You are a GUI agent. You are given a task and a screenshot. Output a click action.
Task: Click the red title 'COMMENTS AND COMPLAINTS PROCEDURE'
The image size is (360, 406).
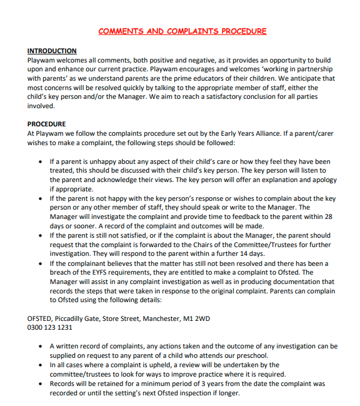point(182,31)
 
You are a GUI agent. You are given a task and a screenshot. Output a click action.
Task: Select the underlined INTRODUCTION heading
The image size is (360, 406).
point(52,51)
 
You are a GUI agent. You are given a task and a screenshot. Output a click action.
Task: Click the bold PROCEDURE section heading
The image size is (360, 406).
point(46,124)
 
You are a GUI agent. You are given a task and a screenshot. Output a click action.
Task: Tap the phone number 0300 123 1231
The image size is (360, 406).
point(50,327)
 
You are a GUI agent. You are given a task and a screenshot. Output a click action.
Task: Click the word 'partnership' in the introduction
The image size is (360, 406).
point(312,69)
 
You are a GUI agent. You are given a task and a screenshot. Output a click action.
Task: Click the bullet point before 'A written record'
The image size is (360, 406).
point(41,346)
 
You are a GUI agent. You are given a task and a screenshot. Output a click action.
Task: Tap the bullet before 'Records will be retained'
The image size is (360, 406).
point(41,383)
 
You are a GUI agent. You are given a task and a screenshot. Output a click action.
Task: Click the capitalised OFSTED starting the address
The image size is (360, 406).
point(41,318)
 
